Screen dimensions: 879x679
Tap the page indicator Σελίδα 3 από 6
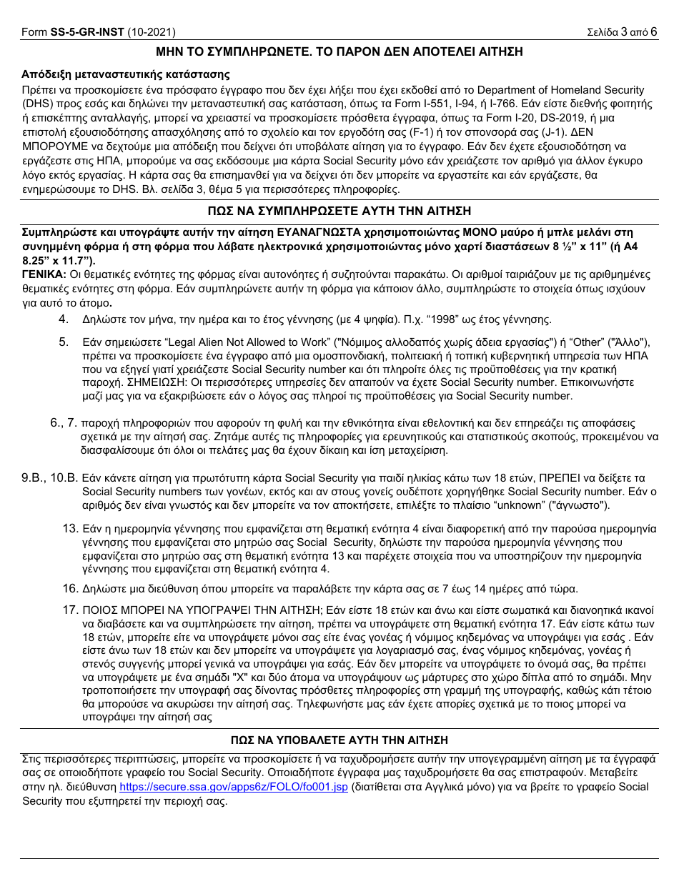[x=621, y=32]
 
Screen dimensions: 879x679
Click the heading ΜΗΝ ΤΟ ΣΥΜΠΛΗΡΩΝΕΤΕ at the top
[x=339, y=52]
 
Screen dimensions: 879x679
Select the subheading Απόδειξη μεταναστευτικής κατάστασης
[x=125, y=75]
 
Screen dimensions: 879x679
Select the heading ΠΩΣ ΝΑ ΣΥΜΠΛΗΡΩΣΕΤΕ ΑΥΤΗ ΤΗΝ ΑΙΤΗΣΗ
[x=339, y=212]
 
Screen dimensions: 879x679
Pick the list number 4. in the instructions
[x=64, y=319]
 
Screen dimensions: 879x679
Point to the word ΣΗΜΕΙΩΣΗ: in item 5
[x=114, y=383]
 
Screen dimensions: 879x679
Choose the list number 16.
[x=69, y=589]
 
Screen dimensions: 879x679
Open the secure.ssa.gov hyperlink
[x=233, y=787]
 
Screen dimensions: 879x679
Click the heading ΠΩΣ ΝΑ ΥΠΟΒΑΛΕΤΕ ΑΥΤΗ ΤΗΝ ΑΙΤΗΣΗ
[x=339, y=740]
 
